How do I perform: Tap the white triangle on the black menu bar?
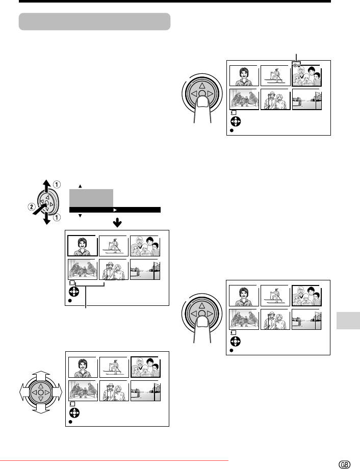click(115, 210)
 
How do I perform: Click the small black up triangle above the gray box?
click(80, 186)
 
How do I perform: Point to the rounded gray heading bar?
click(94, 22)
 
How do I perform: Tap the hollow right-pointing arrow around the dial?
click(58, 393)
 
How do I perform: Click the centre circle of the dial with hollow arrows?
click(40, 393)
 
